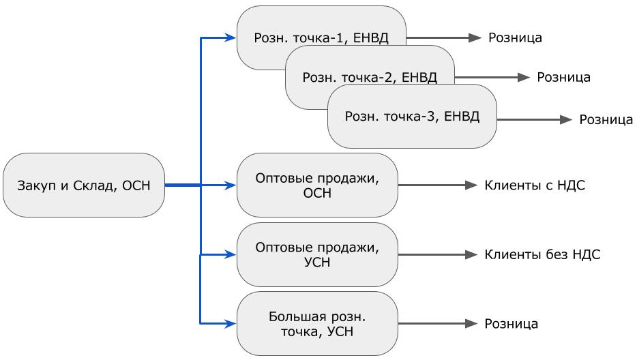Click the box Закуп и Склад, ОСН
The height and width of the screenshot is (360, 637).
click(84, 185)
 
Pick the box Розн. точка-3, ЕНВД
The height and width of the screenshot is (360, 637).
click(412, 117)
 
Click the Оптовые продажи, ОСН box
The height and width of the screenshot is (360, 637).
click(316, 185)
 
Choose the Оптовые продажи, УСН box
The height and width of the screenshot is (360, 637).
click(316, 254)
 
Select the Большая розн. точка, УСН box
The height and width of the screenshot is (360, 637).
click(316, 324)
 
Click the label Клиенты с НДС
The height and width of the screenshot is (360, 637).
click(535, 185)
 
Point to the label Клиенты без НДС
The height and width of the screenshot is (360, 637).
click(542, 254)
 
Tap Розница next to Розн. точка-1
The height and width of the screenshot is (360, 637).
click(515, 38)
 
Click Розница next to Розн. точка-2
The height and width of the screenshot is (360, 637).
click(563, 78)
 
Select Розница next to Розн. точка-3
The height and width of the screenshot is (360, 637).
click(606, 120)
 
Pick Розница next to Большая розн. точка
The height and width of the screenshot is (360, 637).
click(511, 324)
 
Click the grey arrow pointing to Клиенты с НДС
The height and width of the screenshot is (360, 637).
click(436, 185)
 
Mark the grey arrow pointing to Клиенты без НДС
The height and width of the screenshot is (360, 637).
click(436, 254)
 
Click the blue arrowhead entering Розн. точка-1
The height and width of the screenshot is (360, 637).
click(231, 38)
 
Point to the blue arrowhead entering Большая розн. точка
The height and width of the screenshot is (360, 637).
click(231, 323)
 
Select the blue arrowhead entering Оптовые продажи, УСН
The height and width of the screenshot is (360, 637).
click(231, 254)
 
